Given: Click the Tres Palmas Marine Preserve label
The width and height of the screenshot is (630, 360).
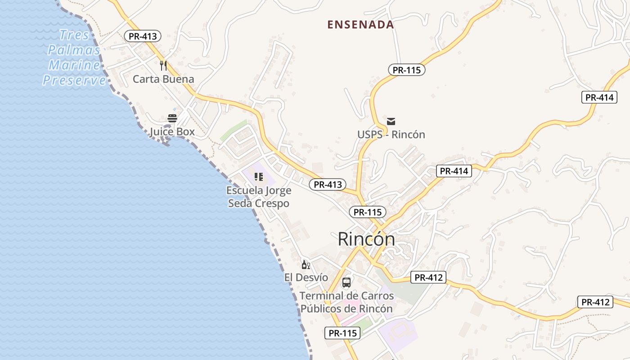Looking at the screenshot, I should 75,57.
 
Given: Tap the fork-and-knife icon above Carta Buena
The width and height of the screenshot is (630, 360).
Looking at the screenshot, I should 163,66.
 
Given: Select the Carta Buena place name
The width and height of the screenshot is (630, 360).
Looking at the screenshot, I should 163,79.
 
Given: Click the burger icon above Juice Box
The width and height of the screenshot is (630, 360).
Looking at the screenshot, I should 172,118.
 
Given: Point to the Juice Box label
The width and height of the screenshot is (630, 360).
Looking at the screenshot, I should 172,132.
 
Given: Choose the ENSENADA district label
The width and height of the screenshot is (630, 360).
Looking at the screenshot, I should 360,25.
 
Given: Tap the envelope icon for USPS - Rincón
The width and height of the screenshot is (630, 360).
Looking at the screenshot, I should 391,121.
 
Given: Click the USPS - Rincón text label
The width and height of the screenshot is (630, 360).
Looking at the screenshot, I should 391,135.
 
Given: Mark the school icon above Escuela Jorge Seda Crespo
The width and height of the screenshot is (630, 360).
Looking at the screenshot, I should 258,177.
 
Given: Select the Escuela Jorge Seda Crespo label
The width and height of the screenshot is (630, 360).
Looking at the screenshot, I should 258,197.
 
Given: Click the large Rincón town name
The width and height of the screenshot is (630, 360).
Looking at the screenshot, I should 366,239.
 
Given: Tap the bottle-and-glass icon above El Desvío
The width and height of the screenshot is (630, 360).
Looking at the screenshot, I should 306,265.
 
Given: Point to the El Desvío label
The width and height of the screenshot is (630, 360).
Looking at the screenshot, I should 306,278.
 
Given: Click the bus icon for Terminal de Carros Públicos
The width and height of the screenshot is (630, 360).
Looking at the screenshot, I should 346,283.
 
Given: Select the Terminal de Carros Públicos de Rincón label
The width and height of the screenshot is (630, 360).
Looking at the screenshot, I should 346,302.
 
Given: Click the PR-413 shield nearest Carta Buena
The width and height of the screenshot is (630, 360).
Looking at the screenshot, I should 143,36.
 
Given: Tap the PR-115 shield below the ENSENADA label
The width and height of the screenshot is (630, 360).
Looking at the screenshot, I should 406,70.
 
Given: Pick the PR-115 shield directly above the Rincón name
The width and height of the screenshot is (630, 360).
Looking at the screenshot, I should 368,212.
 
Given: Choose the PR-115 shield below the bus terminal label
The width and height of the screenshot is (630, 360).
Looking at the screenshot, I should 342,333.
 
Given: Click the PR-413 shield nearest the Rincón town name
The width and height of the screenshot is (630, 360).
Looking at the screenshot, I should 328,184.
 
